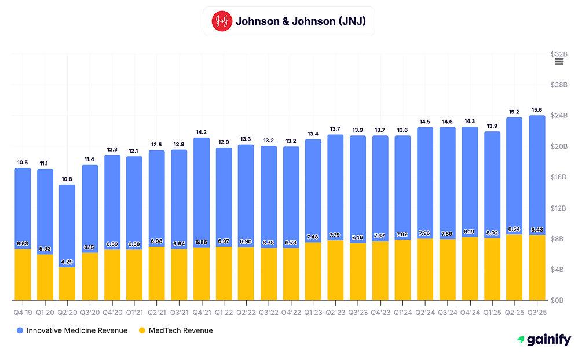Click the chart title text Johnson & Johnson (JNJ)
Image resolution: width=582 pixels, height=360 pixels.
tap(301, 21)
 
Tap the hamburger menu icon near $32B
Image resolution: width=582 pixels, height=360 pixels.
tap(559, 62)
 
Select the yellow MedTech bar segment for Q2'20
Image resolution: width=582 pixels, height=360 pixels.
tap(67, 284)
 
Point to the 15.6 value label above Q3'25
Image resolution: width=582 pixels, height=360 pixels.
tap(537, 110)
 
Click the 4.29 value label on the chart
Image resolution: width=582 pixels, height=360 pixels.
tap(67, 262)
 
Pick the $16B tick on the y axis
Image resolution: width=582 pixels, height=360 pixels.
tap(558, 177)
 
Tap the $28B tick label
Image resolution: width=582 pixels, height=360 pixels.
tap(558, 85)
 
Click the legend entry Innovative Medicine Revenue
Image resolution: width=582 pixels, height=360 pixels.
tap(72, 330)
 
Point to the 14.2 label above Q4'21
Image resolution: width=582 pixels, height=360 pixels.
tap(202, 132)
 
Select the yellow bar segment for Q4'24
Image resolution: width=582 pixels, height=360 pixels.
tap(470, 269)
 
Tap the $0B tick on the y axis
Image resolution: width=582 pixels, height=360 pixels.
tap(558, 300)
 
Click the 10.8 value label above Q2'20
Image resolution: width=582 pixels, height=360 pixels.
tap(67, 179)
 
